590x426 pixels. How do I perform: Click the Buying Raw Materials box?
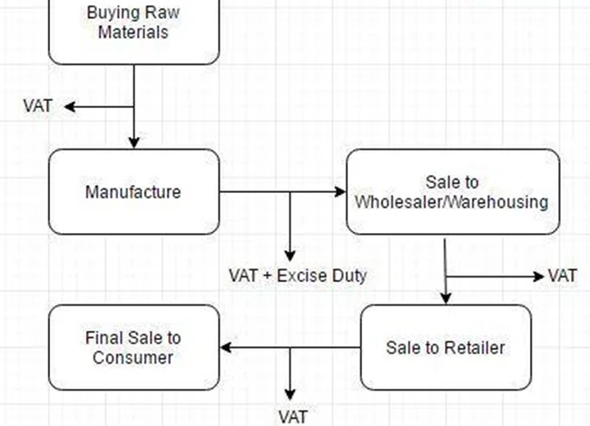click(x=133, y=27)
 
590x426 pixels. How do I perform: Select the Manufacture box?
click(x=133, y=192)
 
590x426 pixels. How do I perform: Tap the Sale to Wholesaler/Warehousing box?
click(x=452, y=192)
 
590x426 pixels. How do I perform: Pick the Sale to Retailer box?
click(x=446, y=347)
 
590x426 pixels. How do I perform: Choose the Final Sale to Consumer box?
click(x=133, y=347)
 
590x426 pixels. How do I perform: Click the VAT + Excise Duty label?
click(x=298, y=275)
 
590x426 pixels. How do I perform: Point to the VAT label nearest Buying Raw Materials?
click(x=37, y=106)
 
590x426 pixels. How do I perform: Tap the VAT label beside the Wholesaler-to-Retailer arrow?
click(x=563, y=275)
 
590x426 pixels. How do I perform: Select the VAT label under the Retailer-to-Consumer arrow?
click(x=292, y=417)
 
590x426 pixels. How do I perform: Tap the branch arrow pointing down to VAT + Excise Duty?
click(x=290, y=227)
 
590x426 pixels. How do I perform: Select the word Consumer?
click(x=133, y=357)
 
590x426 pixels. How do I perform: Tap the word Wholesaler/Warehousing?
click(x=452, y=201)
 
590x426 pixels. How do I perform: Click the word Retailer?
click(x=474, y=347)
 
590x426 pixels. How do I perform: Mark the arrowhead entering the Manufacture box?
click(x=134, y=142)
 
